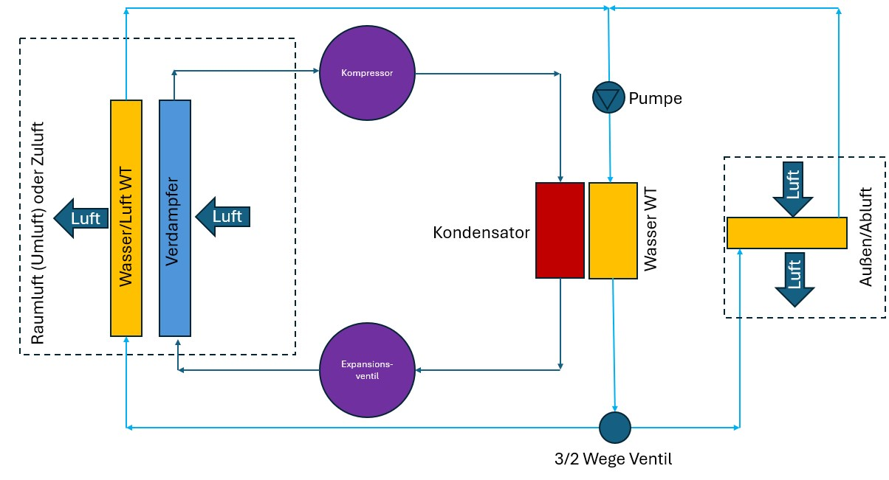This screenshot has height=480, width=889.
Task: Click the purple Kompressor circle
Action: [x=367, y=73]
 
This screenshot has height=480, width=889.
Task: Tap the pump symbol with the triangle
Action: [x=608, y=97]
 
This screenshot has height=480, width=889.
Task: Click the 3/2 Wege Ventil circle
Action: [x=614, y=427]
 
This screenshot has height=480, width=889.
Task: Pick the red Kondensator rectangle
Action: [x=560, y=230]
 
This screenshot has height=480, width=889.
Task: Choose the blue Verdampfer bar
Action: [x=175, y=218]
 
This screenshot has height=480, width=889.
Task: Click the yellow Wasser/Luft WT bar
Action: [x=126, y=218]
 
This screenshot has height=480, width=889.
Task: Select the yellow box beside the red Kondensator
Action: [x=613, y=230]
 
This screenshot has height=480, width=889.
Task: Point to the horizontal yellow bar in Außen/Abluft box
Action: [x=786, y=232]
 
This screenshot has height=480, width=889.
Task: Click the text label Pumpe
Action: [x=655, y=98]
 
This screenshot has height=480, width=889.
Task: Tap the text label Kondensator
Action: [x=481, y=233]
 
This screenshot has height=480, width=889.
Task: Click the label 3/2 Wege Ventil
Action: [x=614, y=459]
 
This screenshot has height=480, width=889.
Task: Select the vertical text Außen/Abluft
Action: [x=868, y=236]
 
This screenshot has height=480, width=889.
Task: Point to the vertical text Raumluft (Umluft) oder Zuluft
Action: [x=38, y=232]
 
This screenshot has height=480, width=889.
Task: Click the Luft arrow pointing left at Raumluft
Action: [x=80, y=218]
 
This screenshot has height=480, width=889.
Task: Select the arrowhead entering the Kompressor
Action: [x=315, y=72]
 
